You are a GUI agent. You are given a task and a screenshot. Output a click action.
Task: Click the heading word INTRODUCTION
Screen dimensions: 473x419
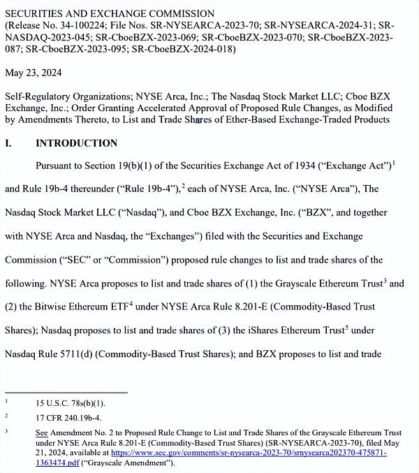pyautogui.click(x=77, y=143)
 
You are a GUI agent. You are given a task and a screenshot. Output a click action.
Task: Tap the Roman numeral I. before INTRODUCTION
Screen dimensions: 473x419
pyautogui.click(x=8, y=143)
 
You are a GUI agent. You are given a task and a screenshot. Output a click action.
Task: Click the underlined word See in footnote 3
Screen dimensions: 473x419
pyautogui.click(x=41, y=433)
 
